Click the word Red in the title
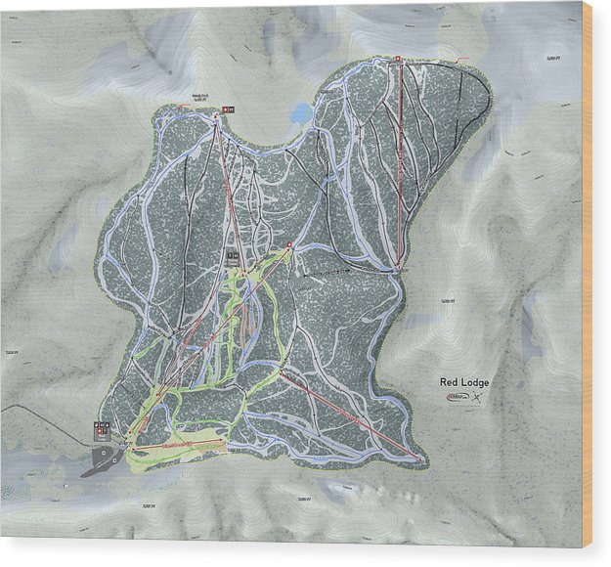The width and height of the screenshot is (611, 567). point(449,381)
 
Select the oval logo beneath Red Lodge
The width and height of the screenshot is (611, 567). point(458,396)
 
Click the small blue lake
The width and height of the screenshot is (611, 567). point(300,114)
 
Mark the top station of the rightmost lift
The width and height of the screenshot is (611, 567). point(398,59)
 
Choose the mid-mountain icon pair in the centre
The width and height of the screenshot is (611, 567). point(233,255)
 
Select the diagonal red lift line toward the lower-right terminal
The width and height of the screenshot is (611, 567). point(352,414)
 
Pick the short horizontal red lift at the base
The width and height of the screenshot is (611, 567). point(176,445)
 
